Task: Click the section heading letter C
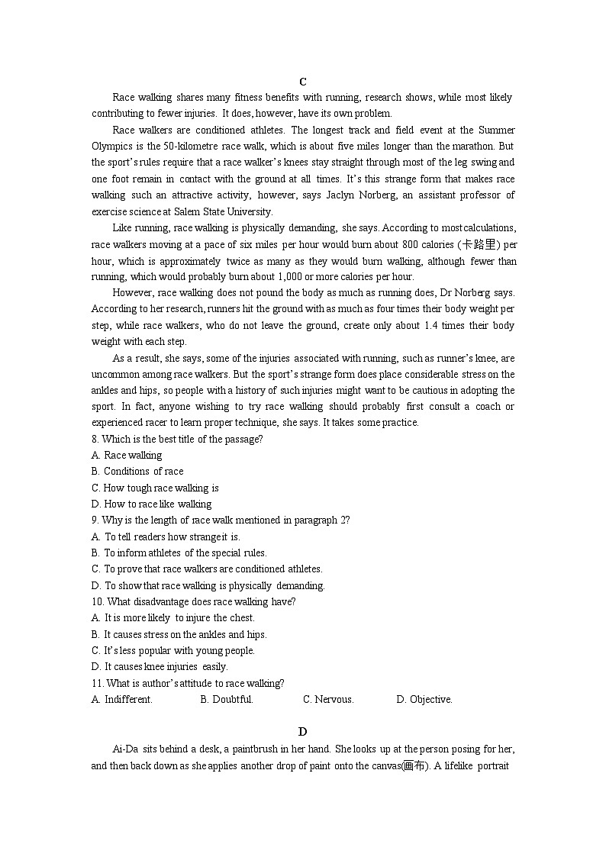(x=303, y=82)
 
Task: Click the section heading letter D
(x=303, y=732)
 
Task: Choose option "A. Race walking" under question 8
(x=127, y=456)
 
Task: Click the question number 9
(x=95, y=520)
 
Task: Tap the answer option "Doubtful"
(x=227, y=700)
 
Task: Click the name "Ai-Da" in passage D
(x=124, y=749)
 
